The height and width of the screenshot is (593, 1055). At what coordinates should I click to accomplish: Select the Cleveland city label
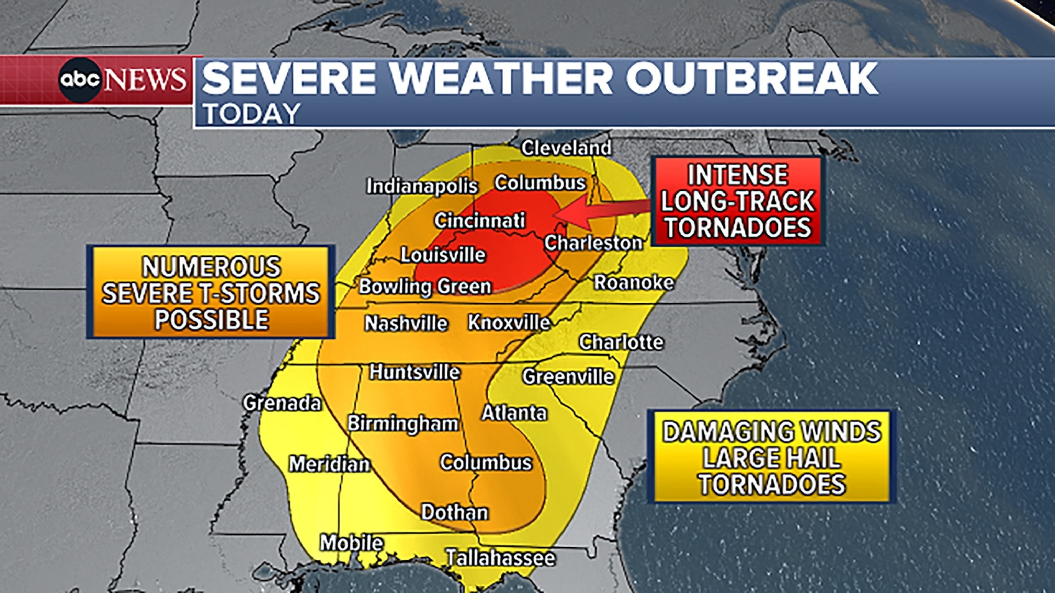tap(566, 148)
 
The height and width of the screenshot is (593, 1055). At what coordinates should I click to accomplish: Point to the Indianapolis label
tap(422, 187)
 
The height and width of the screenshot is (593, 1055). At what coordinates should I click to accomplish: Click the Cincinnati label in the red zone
tap(479, 221)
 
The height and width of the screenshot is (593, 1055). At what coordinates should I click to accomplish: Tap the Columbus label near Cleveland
tap(540, 183)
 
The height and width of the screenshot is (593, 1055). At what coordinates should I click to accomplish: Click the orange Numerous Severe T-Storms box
tap(211, 292)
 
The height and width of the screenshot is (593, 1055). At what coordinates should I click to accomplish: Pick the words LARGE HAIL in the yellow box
tap(772, 457)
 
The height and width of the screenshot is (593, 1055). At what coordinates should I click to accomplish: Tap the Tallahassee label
tap(500, 557)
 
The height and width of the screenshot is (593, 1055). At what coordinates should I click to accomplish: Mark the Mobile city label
tap(351, 543)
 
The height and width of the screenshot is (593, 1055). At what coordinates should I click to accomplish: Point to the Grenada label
tap(282, 403)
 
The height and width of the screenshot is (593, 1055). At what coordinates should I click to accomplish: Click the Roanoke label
tap(634, 282)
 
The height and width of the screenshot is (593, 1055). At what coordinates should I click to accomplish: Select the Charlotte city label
tap(621, 342)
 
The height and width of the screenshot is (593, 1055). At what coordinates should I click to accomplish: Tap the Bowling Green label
tap(425, 287)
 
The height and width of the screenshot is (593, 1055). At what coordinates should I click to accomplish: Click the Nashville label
tap(406, 323)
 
